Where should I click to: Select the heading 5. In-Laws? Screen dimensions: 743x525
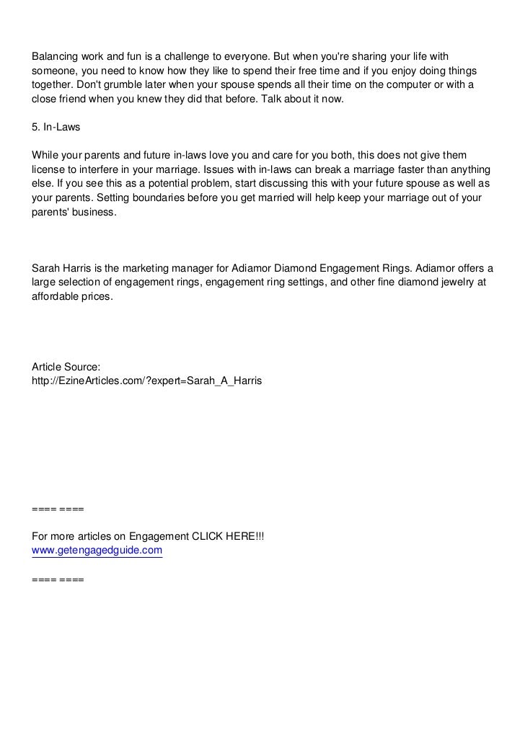coord(56,127)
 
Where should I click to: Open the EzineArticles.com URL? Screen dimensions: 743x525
coord(147,379)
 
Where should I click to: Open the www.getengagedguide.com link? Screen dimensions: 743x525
coord(97,551)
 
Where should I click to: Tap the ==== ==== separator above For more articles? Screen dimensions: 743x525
coord(58,509)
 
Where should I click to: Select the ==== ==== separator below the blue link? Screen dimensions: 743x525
coord(58,579)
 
